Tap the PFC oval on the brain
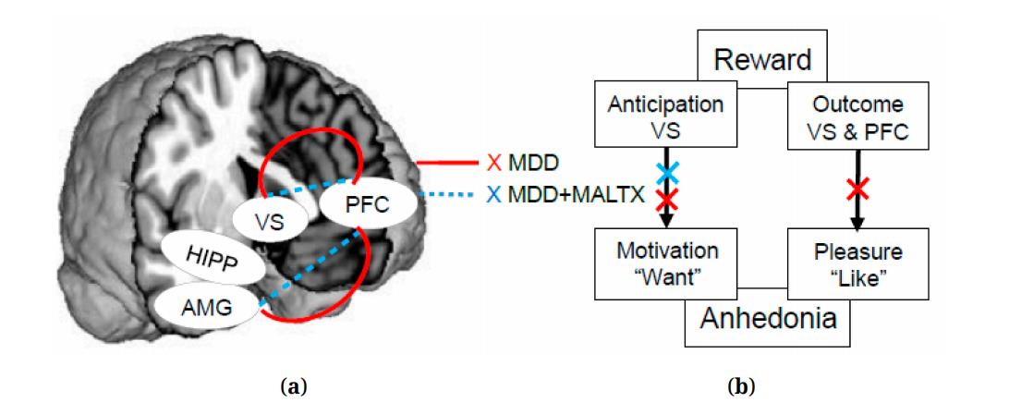click(x=357, y=203)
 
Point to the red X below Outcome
click(x=857, y=190)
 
